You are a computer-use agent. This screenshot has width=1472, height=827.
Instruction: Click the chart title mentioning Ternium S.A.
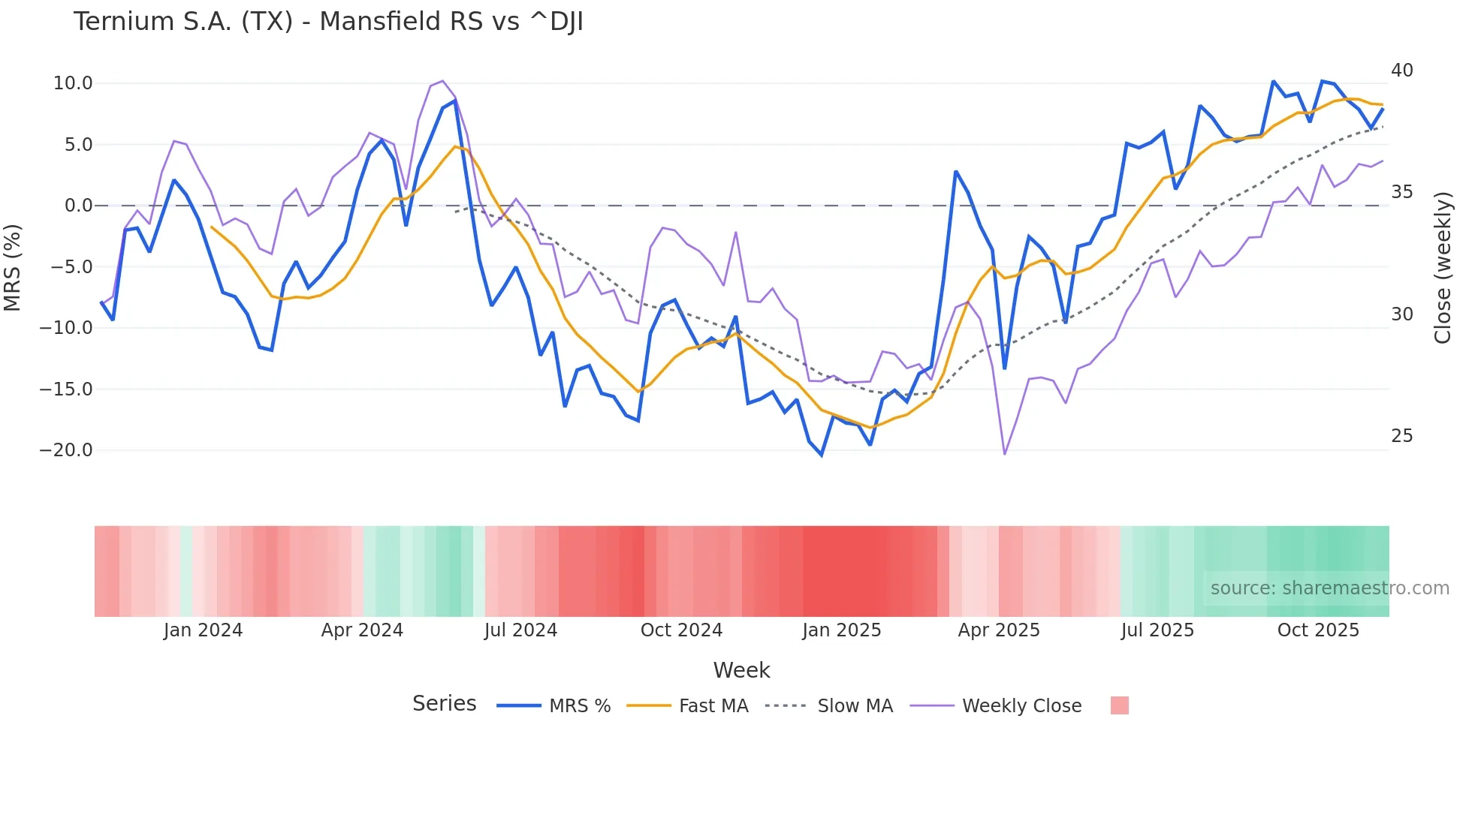click(x=328, y=22)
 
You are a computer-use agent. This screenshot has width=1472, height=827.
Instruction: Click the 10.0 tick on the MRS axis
click(x=73, y=83)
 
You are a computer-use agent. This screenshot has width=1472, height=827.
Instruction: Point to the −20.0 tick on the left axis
click(x=66, y=450)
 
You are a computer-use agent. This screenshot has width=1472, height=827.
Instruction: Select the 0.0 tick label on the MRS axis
click(x=78, y=206)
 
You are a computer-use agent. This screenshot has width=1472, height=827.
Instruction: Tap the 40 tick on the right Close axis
click(x=1401, y=71)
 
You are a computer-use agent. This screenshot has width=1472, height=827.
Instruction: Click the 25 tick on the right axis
click(x=1401, y=436)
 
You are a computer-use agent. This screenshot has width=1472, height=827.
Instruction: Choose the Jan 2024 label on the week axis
click(x=203, y=630)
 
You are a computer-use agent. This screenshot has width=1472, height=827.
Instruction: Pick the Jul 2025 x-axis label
click(x=1157, y=630)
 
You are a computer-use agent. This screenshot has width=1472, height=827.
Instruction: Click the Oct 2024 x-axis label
click(x=681, y=630)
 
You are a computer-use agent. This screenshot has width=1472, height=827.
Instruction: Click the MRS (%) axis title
click(x=13, y=267)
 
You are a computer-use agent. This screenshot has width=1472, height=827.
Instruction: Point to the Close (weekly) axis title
click(x=1442, y=267)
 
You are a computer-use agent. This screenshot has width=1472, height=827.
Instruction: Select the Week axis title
click(x=741, y=670)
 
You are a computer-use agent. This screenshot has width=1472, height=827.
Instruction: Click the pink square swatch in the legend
click(x=1119, y=705)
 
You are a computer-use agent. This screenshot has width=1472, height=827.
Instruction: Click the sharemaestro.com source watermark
click(x=1329, y=588)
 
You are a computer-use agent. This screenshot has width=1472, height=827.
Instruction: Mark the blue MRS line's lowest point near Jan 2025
click(x=822, y=456)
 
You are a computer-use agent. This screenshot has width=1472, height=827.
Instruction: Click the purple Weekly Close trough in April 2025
click(x=1005, y=454)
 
